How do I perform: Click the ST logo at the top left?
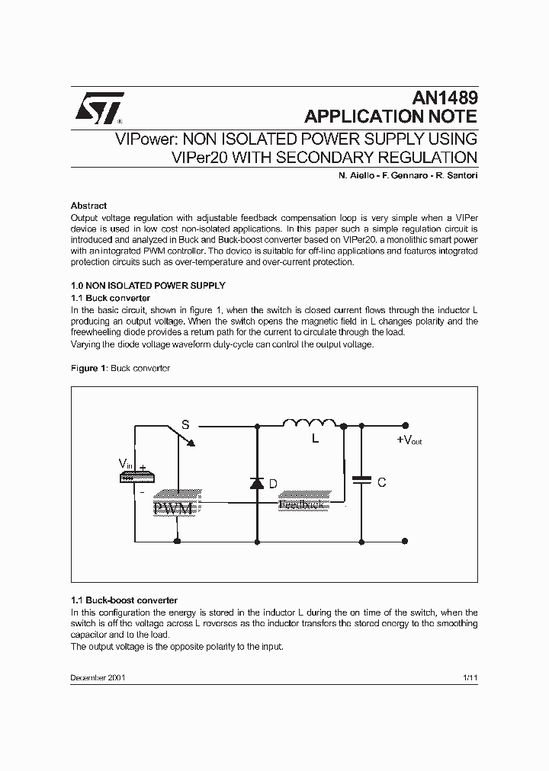click(97, 110)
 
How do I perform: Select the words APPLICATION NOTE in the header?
click(390, 117)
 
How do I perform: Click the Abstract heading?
click(88, 206)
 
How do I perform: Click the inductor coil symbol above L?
click(310, 424)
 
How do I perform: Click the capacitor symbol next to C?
click(361, 480)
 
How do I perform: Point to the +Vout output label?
click(409, 440)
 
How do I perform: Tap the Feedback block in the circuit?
click(303, 504)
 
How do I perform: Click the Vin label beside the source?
click(125, 463)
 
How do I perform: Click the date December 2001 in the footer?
click(98, 677)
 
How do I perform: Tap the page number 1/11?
click(470, 677)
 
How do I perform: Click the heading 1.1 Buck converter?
click(110, 298)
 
